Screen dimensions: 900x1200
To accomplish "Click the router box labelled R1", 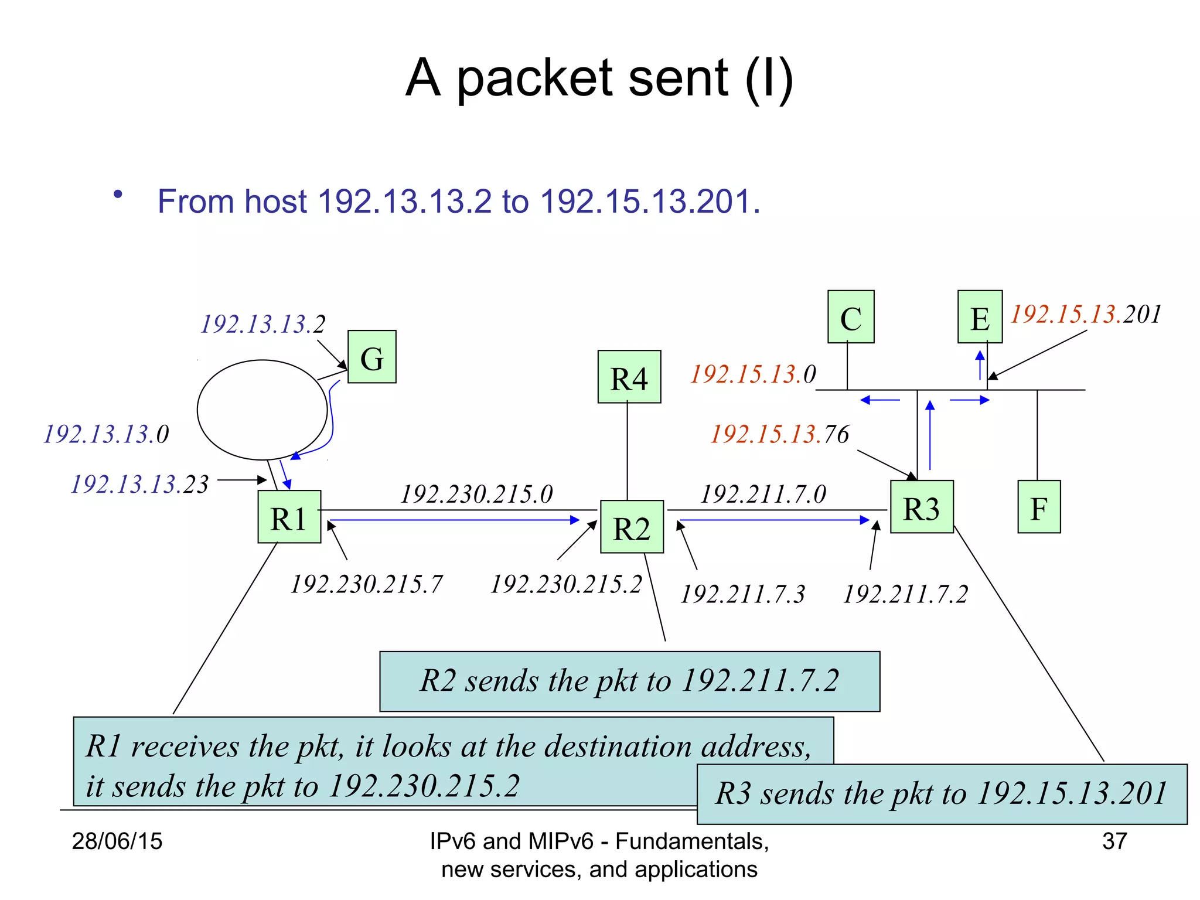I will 289,517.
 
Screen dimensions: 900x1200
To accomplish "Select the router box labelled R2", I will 632,527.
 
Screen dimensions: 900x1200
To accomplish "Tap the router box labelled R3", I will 922,507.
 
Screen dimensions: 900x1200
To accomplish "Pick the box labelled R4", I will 629,377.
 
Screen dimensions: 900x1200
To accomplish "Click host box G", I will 371,357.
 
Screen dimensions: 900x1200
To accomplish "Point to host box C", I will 851,317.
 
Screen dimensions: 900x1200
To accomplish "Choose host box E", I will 980,317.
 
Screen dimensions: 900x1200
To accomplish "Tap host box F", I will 1039,507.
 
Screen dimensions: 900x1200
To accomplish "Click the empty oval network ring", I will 262,410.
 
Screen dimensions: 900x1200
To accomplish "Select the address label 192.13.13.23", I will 139,485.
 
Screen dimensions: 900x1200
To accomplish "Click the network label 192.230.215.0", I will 476,494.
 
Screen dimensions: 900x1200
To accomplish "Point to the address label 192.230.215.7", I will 366,584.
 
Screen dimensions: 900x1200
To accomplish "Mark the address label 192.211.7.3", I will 742,594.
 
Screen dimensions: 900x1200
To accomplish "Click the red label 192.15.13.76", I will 779,434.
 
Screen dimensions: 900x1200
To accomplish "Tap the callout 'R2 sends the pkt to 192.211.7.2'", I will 629,681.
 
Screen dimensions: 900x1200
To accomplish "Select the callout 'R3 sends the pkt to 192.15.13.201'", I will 942,794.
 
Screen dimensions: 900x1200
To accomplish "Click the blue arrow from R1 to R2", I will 454,520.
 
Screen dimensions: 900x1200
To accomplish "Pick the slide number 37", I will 1114,841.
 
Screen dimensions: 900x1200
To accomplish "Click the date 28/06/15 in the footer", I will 117,841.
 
